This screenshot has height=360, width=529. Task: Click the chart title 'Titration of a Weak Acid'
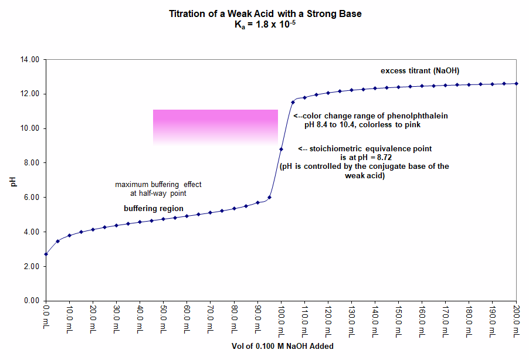pyautogui.click(x=264, y=13)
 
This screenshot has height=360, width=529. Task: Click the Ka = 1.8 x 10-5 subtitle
pyautogui.click(x=264, y=25)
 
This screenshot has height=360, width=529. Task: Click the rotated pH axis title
pyautogui.click(x=13, y=180)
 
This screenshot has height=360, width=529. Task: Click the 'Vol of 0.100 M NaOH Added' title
pyautogui.click(x=282, y=347)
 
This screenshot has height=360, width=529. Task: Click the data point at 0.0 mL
pyautogui.click(x=46, y=254)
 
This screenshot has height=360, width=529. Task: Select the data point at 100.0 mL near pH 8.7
pyautogui.click(x=282, y=149)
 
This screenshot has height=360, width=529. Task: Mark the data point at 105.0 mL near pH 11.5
pyautogui.click(x=293, y=103)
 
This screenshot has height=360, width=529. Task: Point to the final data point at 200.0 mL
pyautogui.click(x=516, y=83)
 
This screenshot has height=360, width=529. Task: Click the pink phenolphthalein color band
pyautogui.click(x=215, y=127)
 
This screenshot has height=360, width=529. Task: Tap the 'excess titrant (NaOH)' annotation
pyautogui.click(x=419, y=71)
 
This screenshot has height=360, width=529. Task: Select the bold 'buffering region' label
pyautogui.click(x=154, y=209)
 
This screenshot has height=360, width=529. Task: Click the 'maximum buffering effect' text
pyautogui.click(x=158, y=184)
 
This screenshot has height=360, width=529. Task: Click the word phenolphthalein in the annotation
pyautogui.click(x=419, y=116)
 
